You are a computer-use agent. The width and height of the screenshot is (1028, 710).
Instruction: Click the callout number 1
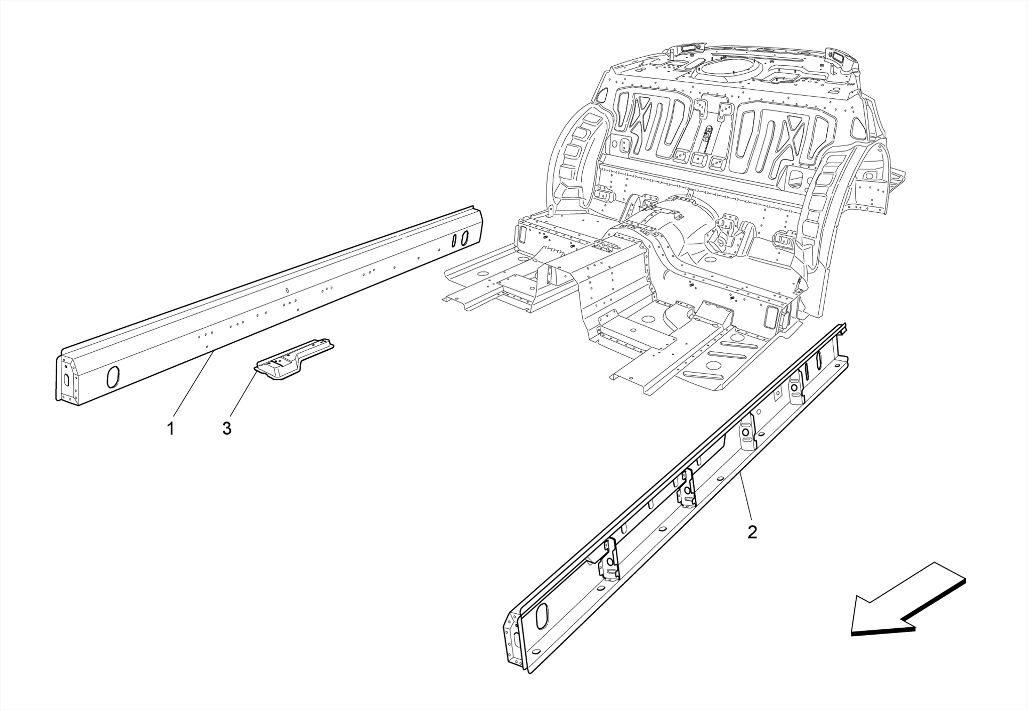pyautogui.click(x=171, y=429)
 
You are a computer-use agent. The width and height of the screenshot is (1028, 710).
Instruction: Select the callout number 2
pyautogui.click(x=751, y=532)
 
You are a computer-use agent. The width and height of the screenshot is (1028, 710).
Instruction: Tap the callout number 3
pyautogui.click(x=227, y=429)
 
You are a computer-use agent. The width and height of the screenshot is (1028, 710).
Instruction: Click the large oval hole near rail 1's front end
pyautogui.click(x=113, y=377)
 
